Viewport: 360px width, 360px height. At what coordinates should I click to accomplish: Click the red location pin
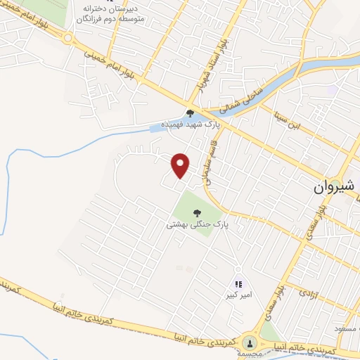[x=181, y=165]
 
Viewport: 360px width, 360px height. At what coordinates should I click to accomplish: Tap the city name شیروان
[x=330, y=188]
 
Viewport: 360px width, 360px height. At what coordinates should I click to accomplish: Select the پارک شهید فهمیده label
[x=189, y=124]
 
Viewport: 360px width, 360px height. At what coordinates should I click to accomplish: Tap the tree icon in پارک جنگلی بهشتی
[x=195, y=212]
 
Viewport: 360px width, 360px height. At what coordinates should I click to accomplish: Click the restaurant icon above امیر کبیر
[x=238, y=284]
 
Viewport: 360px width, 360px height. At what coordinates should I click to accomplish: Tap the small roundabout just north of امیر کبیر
[x=238, y=270]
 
